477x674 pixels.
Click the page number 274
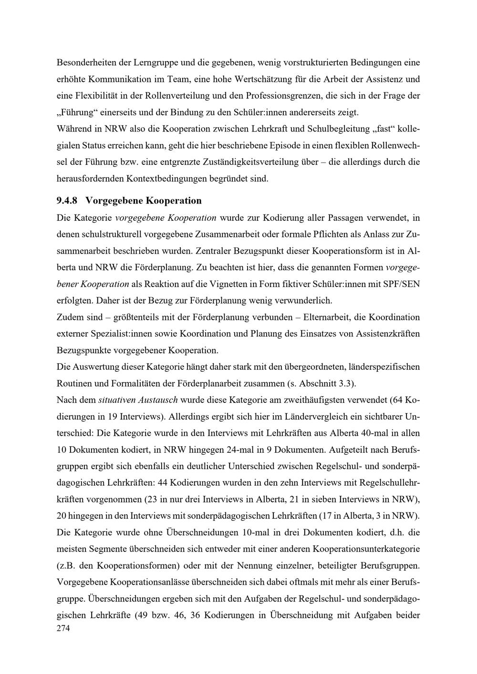pos(63,629)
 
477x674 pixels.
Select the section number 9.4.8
pos(67,200)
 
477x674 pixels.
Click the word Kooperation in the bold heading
pos(174,200)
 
